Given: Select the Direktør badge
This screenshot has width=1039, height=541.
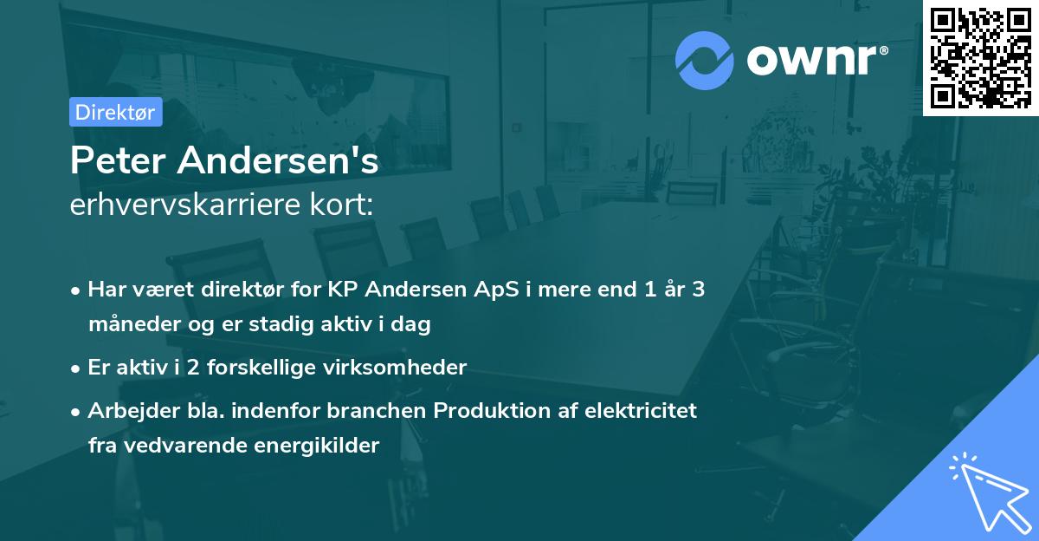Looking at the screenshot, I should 115,112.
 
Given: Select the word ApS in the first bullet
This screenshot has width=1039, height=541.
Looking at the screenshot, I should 500,290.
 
